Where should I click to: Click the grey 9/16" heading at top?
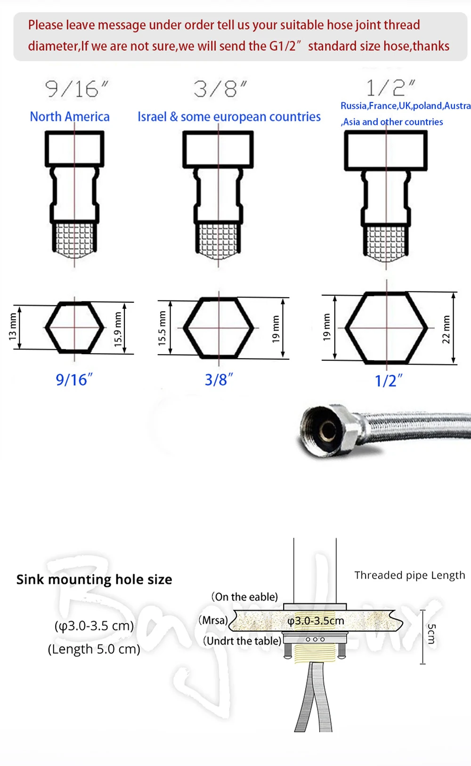tap(76, 89)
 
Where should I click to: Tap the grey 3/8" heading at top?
tap(219, 89)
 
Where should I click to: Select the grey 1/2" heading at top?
tap(390, 88)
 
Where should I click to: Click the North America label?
tap(70, 117)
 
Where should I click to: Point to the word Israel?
tap(152, 117)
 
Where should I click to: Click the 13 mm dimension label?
tap(12, 327)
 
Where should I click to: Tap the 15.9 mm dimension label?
tap(118, 329)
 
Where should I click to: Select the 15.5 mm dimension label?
tap(162, 328)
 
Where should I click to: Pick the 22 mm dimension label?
tap(446, 329)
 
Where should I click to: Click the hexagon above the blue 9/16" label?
tap(74, 327)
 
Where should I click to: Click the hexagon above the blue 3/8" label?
tap(218, 327)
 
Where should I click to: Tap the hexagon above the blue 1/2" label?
tap(386, 328)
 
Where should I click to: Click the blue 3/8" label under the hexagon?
tap(219, 379)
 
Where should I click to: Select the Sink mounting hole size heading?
tap(94, 580)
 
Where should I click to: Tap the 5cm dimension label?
tap(431, 634)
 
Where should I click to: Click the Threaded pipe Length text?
tap(409, 575)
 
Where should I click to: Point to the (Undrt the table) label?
tap(242, 641)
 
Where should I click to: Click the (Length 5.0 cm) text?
tap(94, 649)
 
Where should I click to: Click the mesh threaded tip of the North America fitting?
tap(74, 239)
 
